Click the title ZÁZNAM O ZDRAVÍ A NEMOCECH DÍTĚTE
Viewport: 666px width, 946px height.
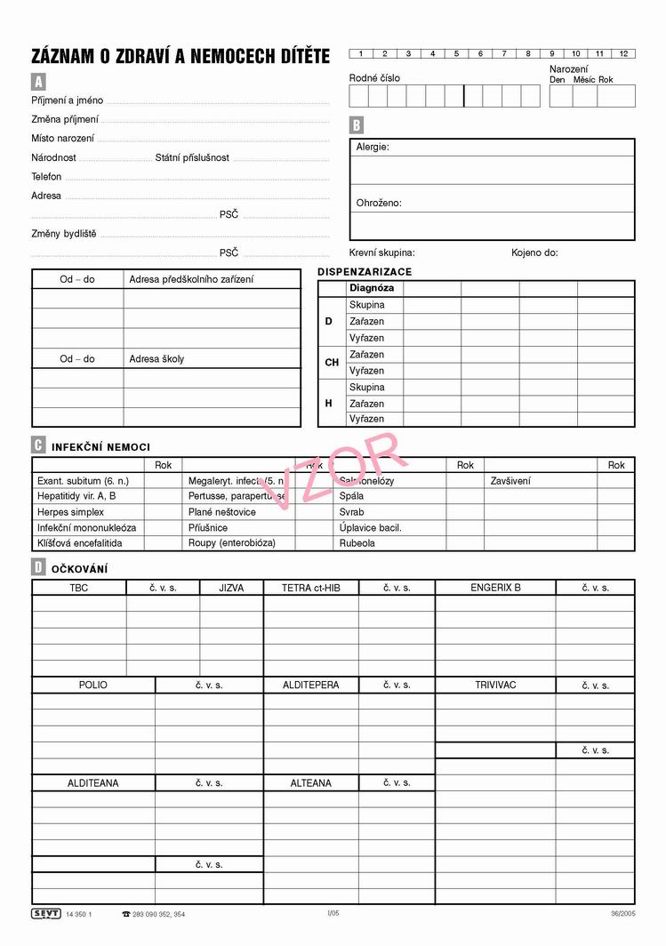point(181,57)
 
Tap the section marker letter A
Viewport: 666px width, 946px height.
point(38,82)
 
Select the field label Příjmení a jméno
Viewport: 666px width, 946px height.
point(68,100)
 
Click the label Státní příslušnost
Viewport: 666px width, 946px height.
point(192,157)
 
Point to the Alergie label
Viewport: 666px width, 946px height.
point(373,148)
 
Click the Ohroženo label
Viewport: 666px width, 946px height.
point(379,203)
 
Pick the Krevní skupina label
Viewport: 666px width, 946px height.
point(381,253)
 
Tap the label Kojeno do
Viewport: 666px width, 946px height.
point(534,253)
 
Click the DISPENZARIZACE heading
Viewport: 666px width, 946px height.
point(365,272)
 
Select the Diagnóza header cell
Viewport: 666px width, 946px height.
point(372,288)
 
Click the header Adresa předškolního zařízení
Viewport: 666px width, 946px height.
point(191,279)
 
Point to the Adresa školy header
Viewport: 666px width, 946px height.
point(157,359)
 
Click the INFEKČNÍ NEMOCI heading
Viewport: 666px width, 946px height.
point(100,447)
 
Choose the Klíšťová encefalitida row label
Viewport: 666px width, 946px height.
point(80,542)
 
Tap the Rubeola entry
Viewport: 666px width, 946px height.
point(357,542)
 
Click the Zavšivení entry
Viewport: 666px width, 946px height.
point(510,481)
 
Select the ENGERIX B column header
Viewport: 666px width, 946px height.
point(495,588)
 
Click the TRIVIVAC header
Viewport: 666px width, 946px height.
point(495,685)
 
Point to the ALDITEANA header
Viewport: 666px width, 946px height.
point(93,783)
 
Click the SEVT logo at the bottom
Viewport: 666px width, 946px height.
point(45,913)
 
